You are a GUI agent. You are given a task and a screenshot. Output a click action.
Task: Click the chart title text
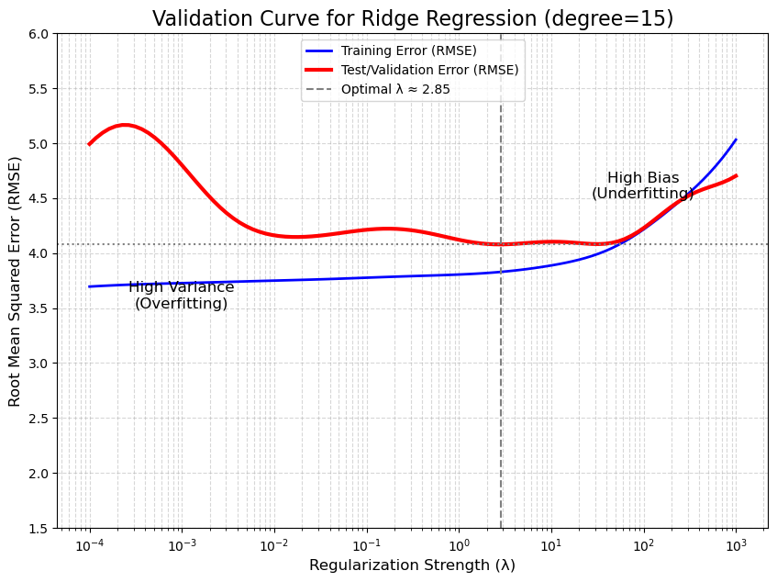pos(412,18)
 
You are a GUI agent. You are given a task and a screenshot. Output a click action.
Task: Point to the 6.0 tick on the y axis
pos(39,34)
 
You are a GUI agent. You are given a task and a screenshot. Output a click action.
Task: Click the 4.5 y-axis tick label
pos(39,199)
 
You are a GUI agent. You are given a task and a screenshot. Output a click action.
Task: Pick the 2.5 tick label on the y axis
pos(39,419)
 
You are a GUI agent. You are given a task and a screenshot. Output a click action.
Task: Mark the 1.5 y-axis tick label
pos(39,529)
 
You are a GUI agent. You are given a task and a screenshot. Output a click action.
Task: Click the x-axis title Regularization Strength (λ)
pos(412,565)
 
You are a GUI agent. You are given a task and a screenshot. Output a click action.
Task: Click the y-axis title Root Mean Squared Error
pos(15,280)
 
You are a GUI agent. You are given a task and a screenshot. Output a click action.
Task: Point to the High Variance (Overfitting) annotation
pos(181,296)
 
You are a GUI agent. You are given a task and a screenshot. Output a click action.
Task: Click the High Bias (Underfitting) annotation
pos(643,185)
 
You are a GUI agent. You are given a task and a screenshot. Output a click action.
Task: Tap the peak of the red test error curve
pos(125,125)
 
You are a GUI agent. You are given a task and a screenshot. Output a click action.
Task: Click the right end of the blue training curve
pos(736,140)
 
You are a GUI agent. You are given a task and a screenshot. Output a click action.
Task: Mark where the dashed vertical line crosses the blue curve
pos(501,272)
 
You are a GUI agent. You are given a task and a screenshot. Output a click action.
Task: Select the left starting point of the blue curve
pos(89,286)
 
